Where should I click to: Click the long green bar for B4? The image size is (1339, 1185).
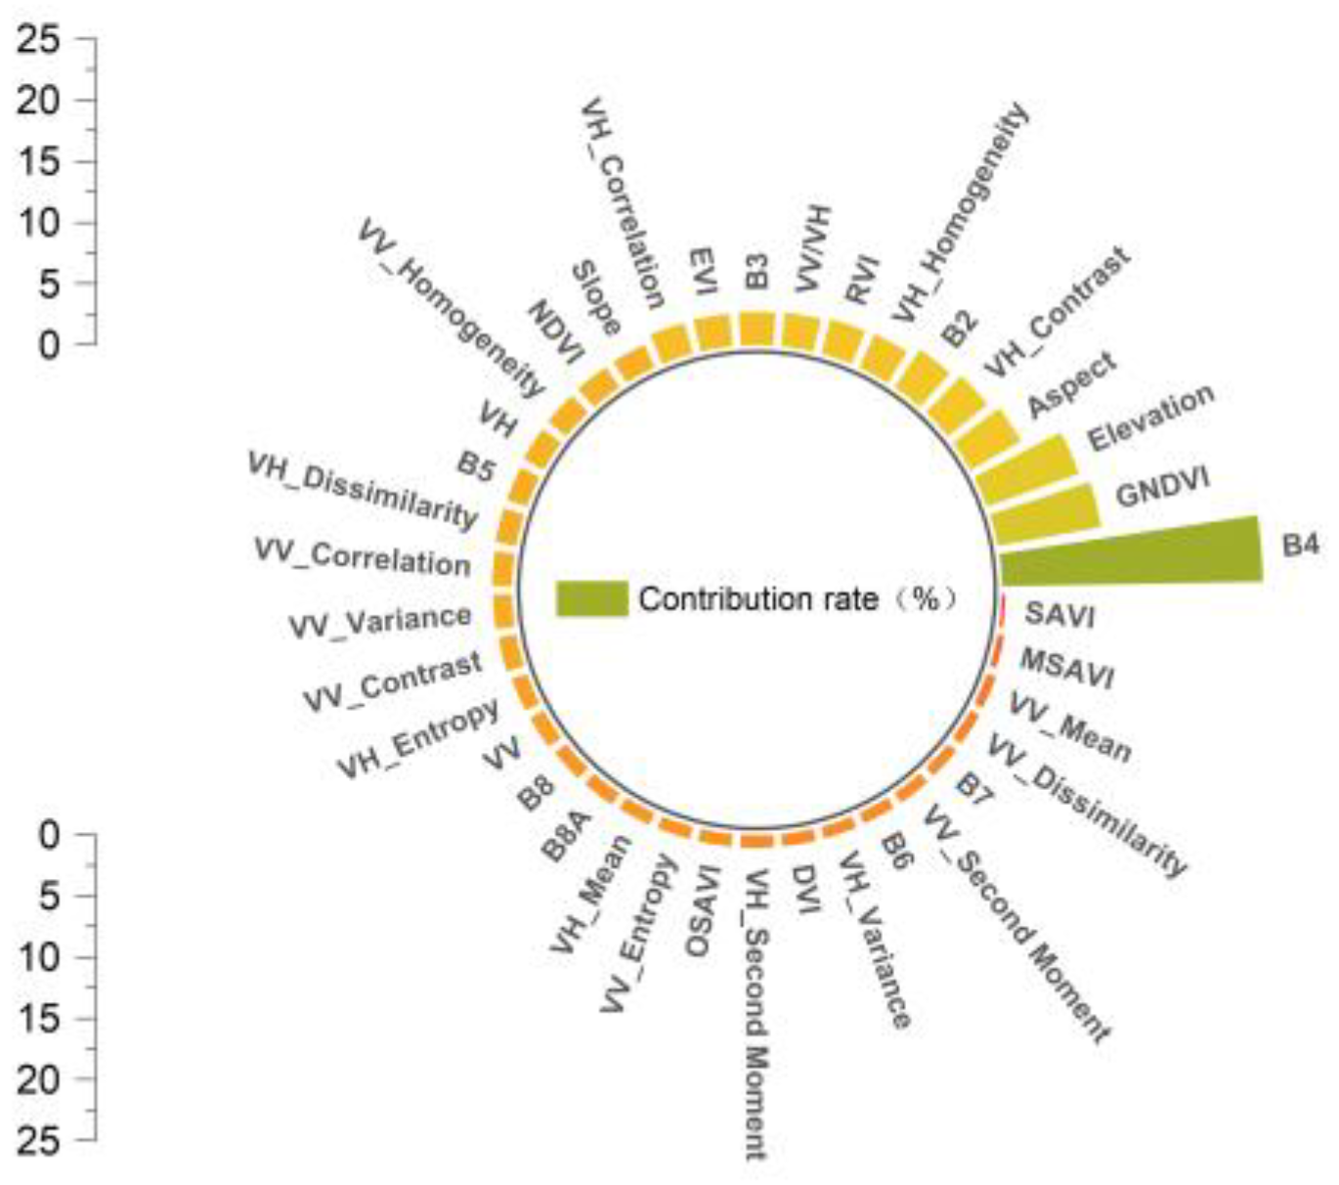click(x=1129, y=550)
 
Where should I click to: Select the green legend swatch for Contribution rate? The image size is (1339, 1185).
click(x=591, y=598)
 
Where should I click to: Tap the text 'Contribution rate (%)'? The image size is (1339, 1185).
click(x=797, y=598)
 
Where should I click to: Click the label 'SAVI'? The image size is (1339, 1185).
click(x=1058, y=615)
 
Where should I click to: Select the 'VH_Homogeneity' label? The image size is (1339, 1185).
click(x=962, y=212)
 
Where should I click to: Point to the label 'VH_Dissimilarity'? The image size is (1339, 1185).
click(x=363, y=489)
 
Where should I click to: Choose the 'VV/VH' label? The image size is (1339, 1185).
click(x=811, y=248)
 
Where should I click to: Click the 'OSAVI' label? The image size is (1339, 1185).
click(x=703, y=910)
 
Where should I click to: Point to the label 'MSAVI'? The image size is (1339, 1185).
click(x=1066, y=668)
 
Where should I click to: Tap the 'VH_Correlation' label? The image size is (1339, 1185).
click(x=623, y=203)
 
